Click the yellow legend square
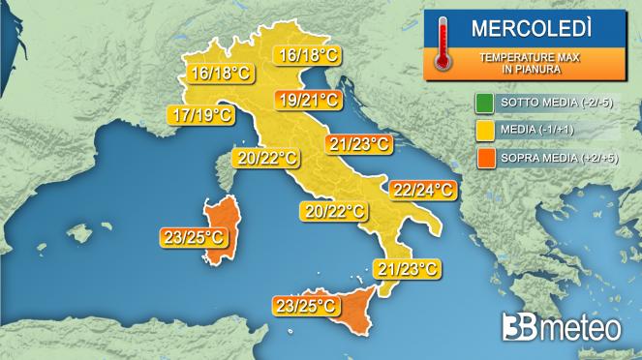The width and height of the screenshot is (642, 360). click(x=484, y=129)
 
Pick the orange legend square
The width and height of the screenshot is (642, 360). click(x=484, y=155)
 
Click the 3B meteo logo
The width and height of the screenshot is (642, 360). click(x=561, y=328)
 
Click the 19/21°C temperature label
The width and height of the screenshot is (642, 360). click(x=307, y=100)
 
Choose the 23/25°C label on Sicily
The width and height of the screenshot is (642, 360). click(x=306, y=307)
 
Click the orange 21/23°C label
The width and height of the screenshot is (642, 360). click(x=358, y=144)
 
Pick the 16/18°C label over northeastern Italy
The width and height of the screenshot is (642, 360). click(x=307, y=56)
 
